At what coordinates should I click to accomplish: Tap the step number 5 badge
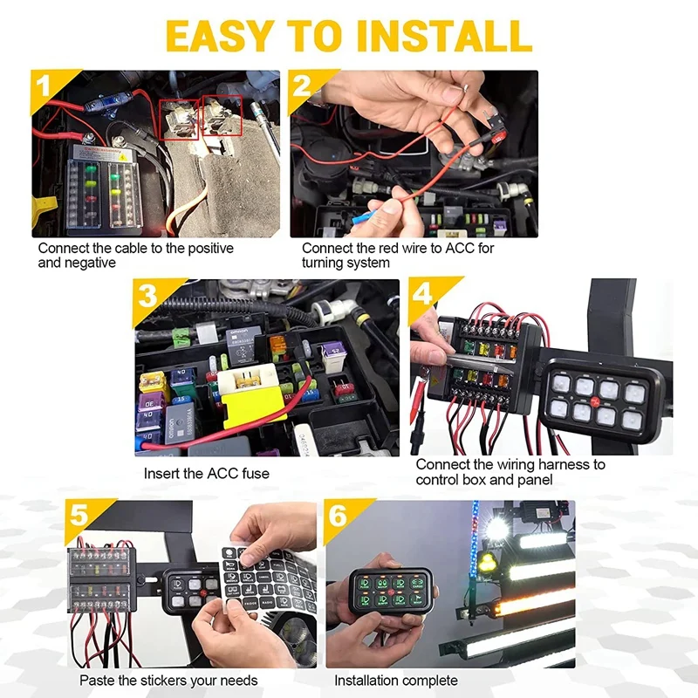(x=79, y=515)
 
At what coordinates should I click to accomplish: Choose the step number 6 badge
(x=339, y=515)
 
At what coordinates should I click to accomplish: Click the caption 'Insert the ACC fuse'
(x=207, y=474)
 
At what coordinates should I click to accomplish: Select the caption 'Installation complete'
(x=395, y=680)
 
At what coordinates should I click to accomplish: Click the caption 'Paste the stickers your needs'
(x=168, y=680)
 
